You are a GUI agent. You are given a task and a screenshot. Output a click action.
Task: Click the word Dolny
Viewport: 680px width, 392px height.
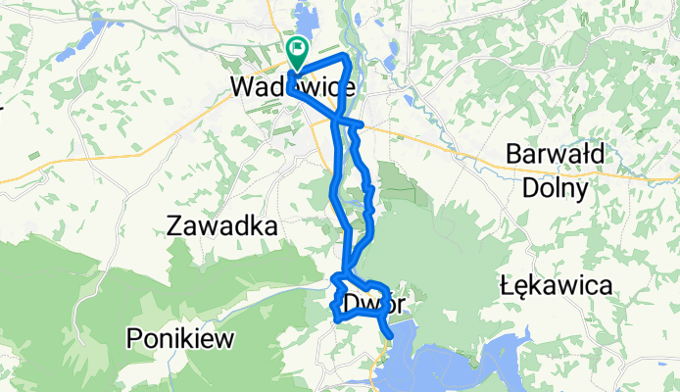554,186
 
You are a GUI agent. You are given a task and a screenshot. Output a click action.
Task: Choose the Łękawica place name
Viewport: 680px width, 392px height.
556,286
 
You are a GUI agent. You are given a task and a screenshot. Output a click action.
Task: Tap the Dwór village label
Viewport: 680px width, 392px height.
374,305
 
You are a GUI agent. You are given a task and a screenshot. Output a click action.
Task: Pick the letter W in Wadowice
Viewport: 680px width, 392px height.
242,86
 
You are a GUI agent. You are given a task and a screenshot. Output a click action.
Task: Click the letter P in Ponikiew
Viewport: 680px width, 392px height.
134,340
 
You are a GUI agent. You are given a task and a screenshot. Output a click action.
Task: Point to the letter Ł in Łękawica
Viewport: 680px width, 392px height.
507,286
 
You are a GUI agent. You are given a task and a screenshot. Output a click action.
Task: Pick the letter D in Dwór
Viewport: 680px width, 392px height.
352,305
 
